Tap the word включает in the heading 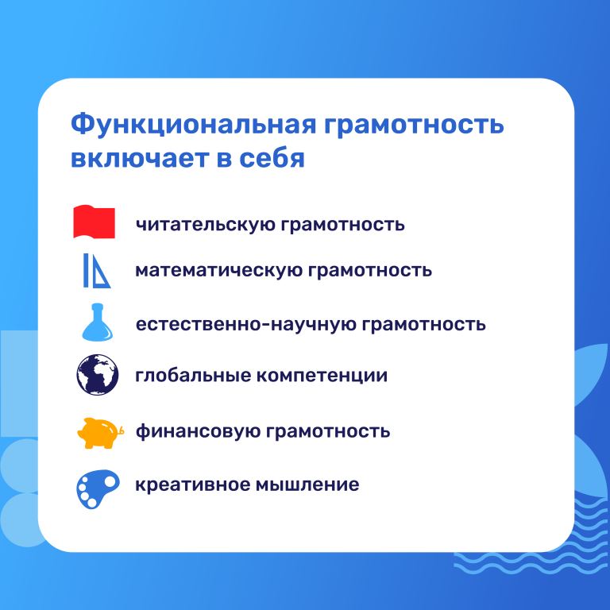(x=138, y=158)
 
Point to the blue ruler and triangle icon (x=96, y=270)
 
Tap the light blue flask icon (x=97, y=322)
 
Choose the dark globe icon (x=97, y=375)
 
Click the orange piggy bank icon (x=100, y=433)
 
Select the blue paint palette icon (x=98, y=488)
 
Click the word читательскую (x=205, y=225)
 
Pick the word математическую (x=218, y=270)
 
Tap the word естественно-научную (x=245, y=324)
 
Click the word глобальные (x=193, y=375)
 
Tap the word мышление (x=307, y=485)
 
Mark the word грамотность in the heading (x=414, y=125)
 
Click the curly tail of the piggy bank (x=121, y=430)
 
